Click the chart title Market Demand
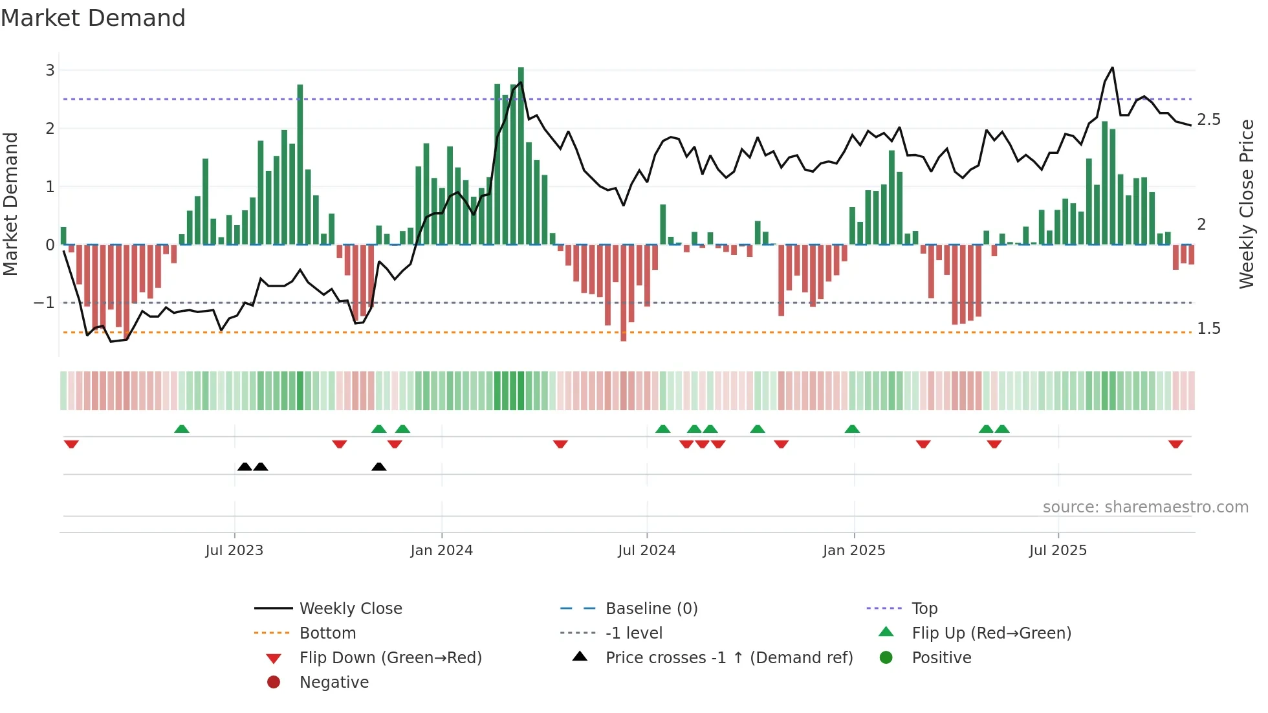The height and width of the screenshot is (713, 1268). [93, 18]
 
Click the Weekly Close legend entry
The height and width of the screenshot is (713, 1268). [350, 609]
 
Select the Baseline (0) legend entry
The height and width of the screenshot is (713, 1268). [651, 609]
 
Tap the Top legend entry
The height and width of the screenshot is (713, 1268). [924, 609]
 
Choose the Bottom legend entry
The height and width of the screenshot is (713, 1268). [327, 633]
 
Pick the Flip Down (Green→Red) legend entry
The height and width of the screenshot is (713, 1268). [390, 658]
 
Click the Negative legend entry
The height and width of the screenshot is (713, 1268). [334, 683]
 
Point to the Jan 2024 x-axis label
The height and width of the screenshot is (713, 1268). [441, 551]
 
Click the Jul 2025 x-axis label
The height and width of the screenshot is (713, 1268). [1058, 551]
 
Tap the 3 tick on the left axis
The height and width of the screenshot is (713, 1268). [50, 70]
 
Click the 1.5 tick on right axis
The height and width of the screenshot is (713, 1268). [1208, 329]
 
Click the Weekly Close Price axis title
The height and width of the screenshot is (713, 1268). [1246, 204]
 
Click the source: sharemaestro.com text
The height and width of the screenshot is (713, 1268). [1145, 507]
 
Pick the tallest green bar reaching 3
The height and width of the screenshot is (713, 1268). [521, 155]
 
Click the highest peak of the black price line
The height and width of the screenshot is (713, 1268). [1112, 67]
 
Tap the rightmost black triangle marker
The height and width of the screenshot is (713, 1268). [379, 467]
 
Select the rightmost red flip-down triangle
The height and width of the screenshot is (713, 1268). [1175, 444]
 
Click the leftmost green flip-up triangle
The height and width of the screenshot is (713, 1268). [182, 429]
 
